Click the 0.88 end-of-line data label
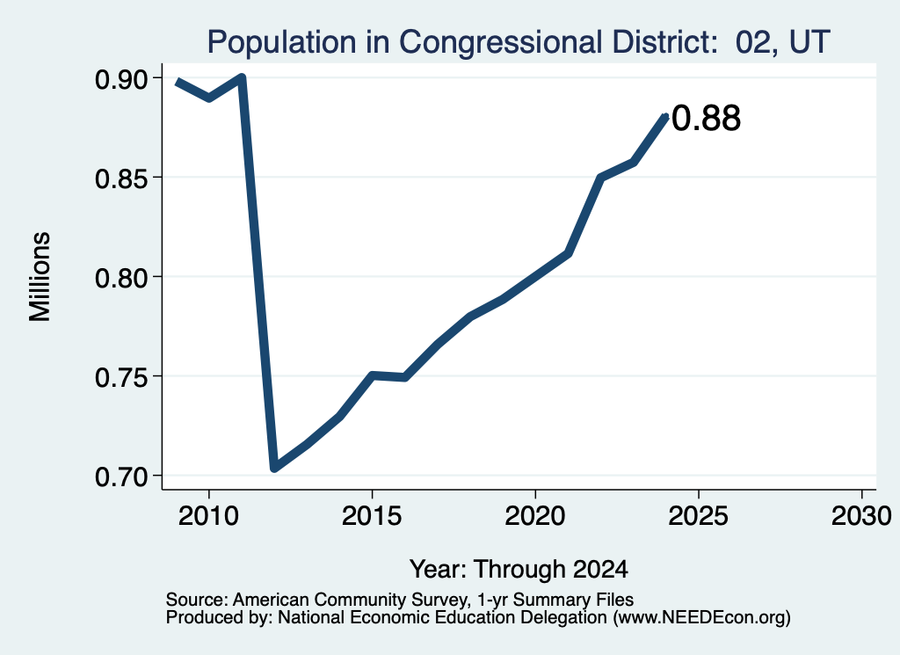click(x=706, y=119)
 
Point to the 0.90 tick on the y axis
click(x=121, y=79)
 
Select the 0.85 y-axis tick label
click(x=121, y=178)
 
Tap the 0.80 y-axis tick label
click(x=121, y=278)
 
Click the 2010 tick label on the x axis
click(x=208, y=515)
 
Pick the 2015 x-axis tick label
click(x=372, y=515)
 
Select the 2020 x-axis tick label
click(x=535, y=515)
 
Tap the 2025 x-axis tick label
click(x=699, y=515)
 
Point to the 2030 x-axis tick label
click(x=861, y=515)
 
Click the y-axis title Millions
click(x=40, y=276)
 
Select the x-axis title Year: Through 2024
click(x=519, y=569)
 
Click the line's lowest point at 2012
click(x=274, y=468)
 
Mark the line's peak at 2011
click(x=243, y=76)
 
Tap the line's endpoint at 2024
click(x=665, y=117)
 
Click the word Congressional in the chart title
click(x=500, y=43)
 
